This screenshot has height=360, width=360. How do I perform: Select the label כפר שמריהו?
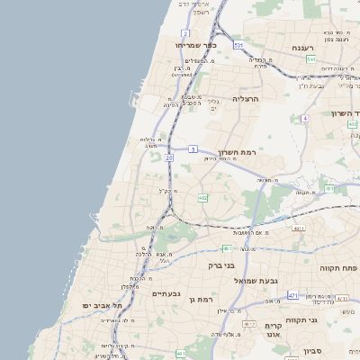click(194, 43)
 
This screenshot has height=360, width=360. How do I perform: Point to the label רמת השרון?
click(238, 153)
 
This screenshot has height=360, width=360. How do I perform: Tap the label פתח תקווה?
click(337, 268)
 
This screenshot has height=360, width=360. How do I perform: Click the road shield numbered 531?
click(238, 44)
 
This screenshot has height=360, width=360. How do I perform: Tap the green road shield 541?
click(310, 59)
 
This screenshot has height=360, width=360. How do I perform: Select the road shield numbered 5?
click(193, 148)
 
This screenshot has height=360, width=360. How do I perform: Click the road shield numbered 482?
click(203, 197)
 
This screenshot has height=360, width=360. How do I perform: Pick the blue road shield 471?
click(292, 295)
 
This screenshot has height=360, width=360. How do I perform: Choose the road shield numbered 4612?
click(249, 323)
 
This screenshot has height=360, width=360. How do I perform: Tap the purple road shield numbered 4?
click(305, 118)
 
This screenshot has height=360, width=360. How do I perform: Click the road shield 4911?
click(298, 229)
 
